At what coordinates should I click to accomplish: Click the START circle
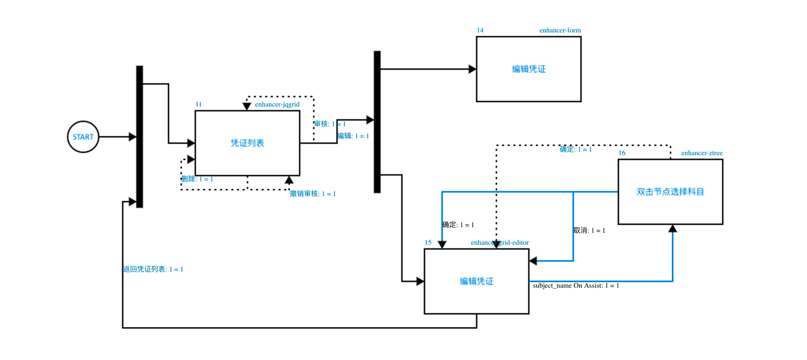click(83, 137)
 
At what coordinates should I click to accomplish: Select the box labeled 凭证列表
click(247, 143)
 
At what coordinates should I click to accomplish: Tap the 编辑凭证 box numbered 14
click(528, 69)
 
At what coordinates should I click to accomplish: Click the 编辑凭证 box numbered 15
click(476, 281)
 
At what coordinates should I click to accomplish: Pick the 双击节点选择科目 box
click(670, 191)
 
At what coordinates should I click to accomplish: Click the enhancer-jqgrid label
click(277, 104)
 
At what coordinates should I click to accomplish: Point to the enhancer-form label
click(560, 30)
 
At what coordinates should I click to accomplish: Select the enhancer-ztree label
click(702, 153)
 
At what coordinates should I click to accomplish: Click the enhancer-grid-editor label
click(500, 243)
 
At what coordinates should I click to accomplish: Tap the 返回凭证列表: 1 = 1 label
click(153, 269)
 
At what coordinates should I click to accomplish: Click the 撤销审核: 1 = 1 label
click(313, 194)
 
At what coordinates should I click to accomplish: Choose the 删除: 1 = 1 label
click(197, 179)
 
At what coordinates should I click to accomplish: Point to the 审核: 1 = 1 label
click(330, 124)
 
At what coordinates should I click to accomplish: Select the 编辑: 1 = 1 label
click(353, 136)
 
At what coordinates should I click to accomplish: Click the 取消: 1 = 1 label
click(589, 231)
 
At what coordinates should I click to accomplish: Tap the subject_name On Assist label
click(576, 286)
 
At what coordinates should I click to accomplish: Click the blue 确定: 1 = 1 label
click(576, 150)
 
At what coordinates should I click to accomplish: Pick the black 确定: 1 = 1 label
click(458, 225)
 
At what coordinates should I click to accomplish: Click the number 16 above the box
click(622, 153)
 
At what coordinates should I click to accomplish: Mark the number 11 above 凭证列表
click(198, 104)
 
